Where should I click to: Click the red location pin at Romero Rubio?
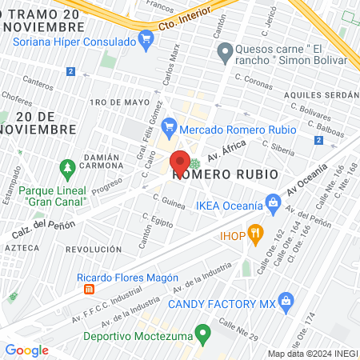pos(180,161)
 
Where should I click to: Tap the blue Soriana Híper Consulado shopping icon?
pos(145,38)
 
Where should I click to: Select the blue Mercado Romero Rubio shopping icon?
pos(168,126)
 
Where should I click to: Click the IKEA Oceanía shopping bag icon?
pos(273,203)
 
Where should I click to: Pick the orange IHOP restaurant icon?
pos(255,234)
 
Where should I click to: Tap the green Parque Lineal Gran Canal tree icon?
pos(66,168)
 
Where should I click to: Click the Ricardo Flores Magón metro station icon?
pos(90,289)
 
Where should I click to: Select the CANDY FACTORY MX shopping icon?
pos(285,302)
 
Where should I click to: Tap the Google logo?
pos(26,350)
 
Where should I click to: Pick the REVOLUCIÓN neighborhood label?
pos(94,249)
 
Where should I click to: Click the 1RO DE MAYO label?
pos(120,102)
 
